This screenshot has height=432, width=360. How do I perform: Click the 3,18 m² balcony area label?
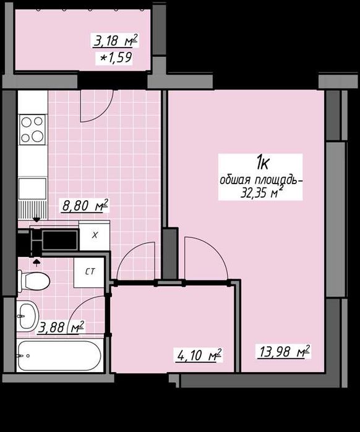[x=116, y=41]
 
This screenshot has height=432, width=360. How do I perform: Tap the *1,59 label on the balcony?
[x=116, y=58]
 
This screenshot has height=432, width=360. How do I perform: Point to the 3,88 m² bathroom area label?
[x=61, y=327]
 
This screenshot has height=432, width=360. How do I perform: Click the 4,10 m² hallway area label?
[x=199, y=355]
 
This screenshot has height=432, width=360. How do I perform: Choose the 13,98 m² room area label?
[x=284, y=352]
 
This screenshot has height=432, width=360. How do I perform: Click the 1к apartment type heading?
[x=262, y=163]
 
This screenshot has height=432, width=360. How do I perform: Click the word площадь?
[x=278, y=180]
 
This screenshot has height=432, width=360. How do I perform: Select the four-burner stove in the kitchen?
[x=32, y=130]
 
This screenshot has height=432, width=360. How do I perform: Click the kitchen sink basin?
[x=32, y=188]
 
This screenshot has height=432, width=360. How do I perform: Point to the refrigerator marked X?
[x=95, y=235]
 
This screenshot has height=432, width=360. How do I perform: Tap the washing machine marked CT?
[x=89, y=272]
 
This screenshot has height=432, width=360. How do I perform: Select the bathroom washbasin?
[x=27, y=316]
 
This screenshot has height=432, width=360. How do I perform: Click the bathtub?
[x=59, y=356]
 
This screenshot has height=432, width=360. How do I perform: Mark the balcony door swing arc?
[x=105, y=113]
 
